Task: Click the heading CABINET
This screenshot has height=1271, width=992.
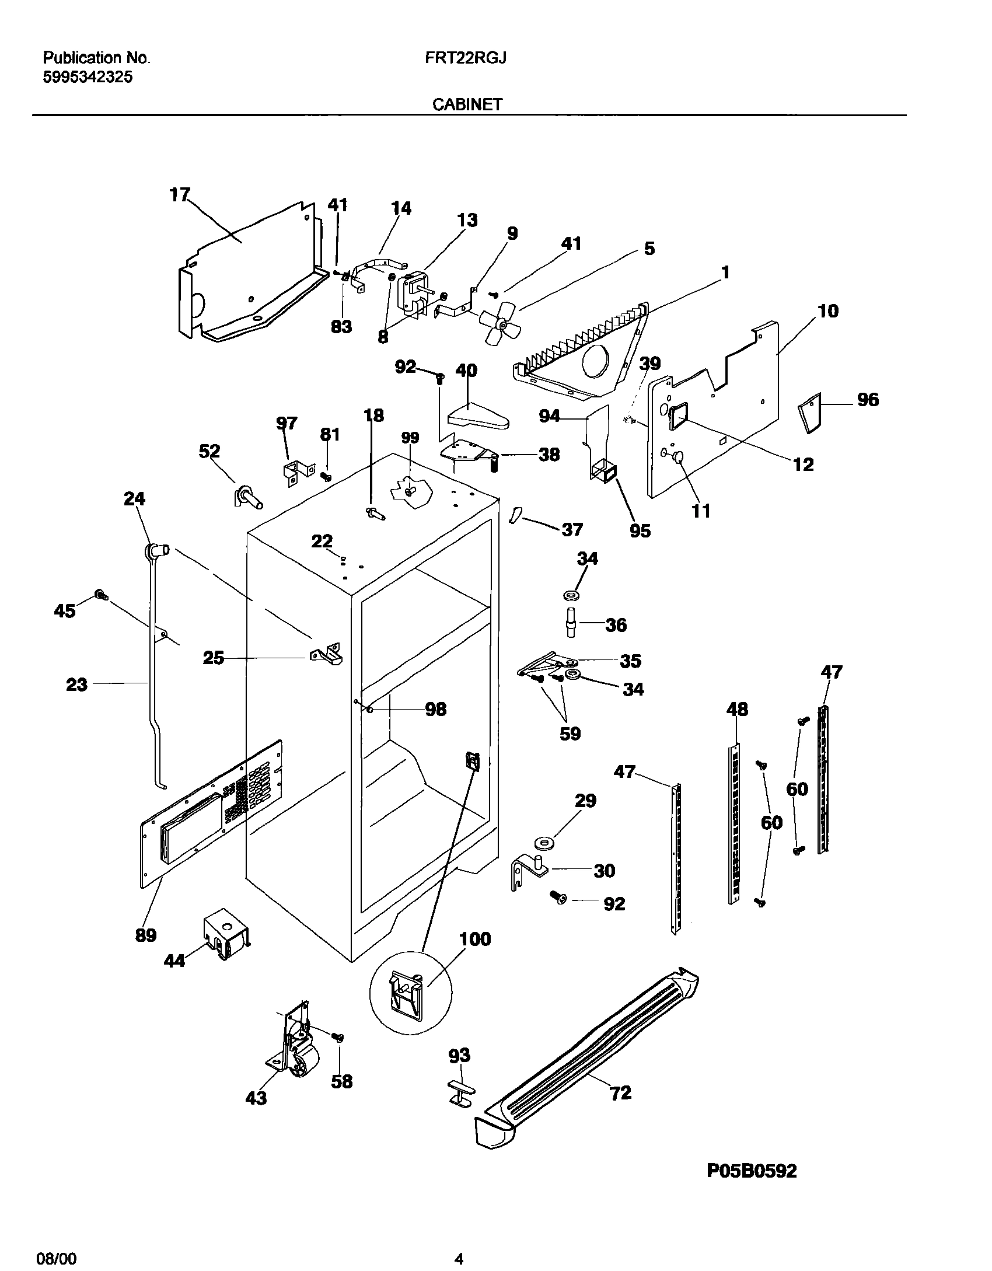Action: [467, 104]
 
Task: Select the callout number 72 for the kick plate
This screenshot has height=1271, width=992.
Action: [620, 1092]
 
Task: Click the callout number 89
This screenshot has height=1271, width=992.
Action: [145, 935]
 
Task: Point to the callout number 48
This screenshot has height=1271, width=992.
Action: [736, 710]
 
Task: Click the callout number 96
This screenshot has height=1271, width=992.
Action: [867, 400]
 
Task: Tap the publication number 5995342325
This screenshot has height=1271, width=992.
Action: [88, 77]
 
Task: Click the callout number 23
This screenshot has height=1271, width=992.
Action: [76, 684]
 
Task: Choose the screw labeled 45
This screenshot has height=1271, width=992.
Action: [101, 595]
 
